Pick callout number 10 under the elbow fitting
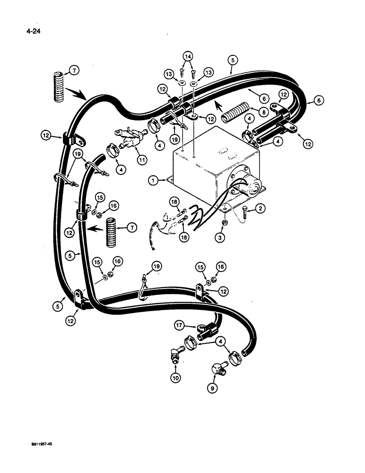tap(176, 378)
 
